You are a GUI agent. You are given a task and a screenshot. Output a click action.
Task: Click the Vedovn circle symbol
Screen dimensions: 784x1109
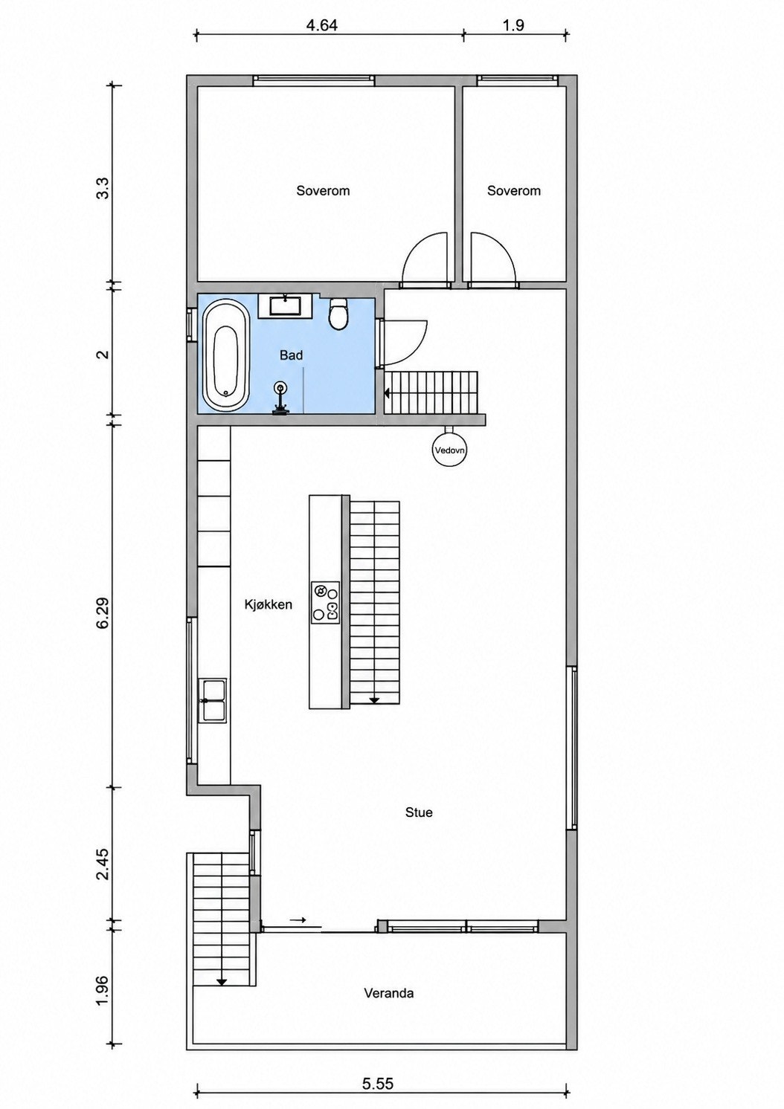(x=450, y=450)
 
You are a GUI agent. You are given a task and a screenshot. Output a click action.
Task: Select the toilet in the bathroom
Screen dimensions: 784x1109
(x=339, y=314)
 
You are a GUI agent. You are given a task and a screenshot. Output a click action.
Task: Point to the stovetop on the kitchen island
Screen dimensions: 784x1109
(x=326, y=603)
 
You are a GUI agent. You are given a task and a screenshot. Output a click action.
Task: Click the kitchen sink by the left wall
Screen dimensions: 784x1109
(x=212, y=700)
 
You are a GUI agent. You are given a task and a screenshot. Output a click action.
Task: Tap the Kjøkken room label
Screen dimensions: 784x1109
(x=268, y=604)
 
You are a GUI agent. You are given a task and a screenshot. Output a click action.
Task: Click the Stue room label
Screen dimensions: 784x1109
(x=419, y=812)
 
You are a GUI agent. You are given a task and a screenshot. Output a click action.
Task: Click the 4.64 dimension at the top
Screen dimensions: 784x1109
(x=321, y=25)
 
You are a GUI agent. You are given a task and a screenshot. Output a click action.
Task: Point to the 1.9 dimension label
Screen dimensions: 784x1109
(x=513, y=25)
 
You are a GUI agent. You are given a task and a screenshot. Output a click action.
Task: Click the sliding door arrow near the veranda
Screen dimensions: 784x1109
(x=298, y=920)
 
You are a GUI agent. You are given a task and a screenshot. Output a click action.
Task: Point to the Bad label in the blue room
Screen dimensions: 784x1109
(x=291, y=355)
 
